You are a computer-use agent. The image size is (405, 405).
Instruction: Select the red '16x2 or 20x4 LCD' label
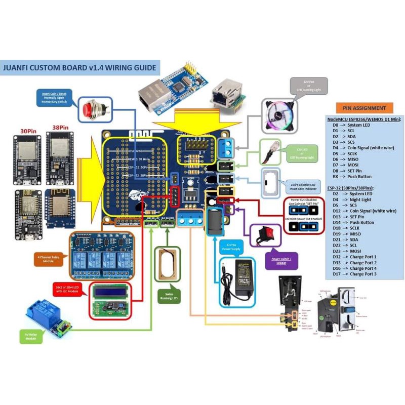click(x=72, y=289)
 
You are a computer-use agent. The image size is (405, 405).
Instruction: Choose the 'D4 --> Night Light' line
click(x=357, y=199)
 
